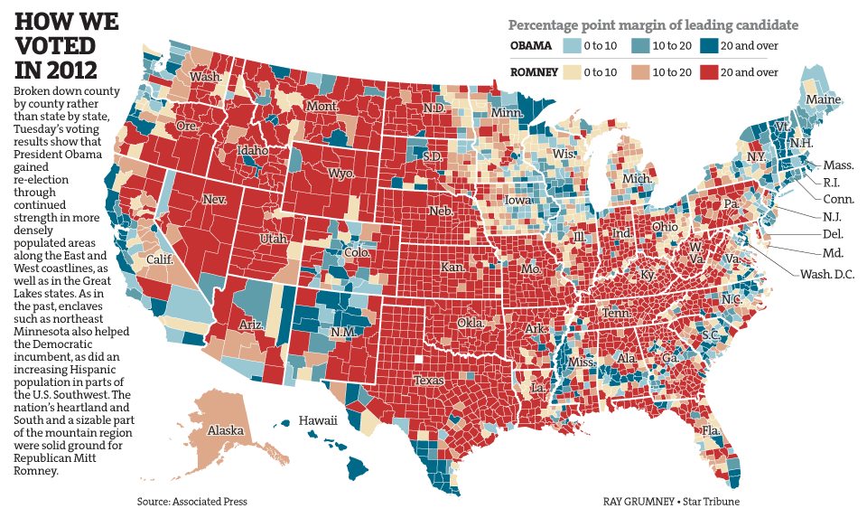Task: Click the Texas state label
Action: pos(430,381)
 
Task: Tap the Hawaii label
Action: pos(319,420)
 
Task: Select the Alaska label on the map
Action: pos(225,430)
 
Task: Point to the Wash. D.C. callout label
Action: pos(828,273)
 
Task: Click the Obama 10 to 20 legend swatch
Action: pos(640,45)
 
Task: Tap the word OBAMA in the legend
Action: pos(531,45)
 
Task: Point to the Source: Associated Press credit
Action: pos(191,501)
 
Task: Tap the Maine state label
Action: pos(823,99)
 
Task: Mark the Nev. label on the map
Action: pos(214,199)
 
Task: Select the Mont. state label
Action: pos(322,106)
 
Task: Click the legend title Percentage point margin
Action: pos(653,24)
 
